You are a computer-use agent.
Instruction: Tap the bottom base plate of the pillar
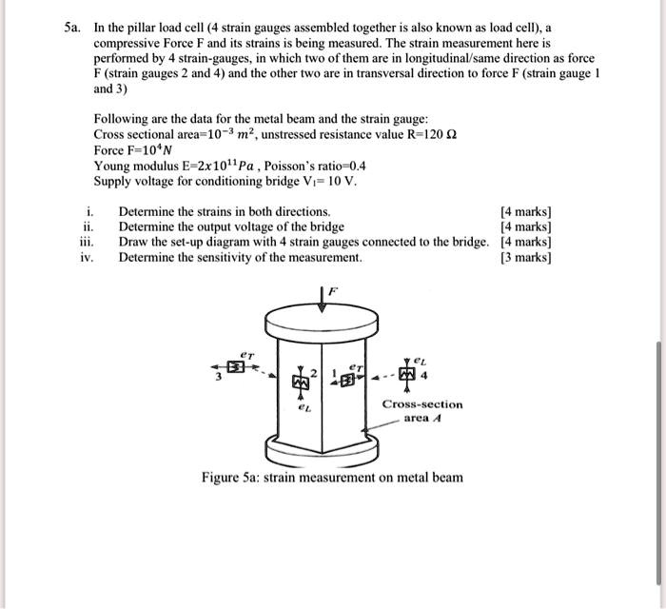pyautogui.click(x=324, y=447)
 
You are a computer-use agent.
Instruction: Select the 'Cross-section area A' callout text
pyautogui.click(x=422, y=410)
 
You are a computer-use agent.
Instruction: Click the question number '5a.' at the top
pyautogui.click(x=69, y=28)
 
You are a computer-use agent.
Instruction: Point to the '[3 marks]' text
pyautogui.click(x=525, y=257)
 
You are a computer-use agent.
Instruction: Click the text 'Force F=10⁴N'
pyautogui.click(x=131, y=150)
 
